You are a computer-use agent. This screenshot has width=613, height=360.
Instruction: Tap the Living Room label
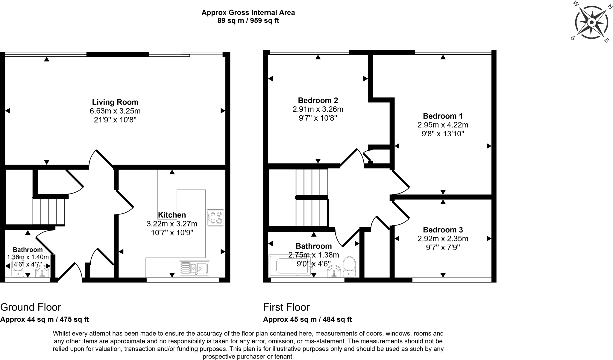tap(115, 102)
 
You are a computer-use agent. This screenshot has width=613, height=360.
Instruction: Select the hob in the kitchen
tap(215, 218)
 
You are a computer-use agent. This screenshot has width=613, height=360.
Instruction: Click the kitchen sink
tap(195, 268)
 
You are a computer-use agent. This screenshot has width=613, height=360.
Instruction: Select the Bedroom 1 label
tap(443, 116)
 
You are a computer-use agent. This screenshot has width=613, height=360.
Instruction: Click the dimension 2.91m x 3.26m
tap(318, 109)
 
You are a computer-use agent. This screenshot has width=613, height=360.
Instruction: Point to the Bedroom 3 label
tap(443, 230)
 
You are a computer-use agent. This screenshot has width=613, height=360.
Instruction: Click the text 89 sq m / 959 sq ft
tap(248, 21)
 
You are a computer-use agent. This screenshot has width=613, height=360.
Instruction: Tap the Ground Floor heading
tap(31, 307)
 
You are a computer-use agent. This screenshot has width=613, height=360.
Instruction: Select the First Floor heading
tap(286, 307)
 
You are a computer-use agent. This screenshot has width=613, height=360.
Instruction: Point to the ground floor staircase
tap(49, 211)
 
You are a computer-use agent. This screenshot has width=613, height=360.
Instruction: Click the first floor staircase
tap(312, 198)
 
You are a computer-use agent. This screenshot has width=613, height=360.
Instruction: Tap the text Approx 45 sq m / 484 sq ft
tap(307, 319)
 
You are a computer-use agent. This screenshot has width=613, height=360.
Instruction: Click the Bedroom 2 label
tap(318, 100)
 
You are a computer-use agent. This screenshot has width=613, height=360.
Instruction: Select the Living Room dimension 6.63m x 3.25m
tap(115, 111)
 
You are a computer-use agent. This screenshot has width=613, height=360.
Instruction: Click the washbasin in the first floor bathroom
tap(333, 271)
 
